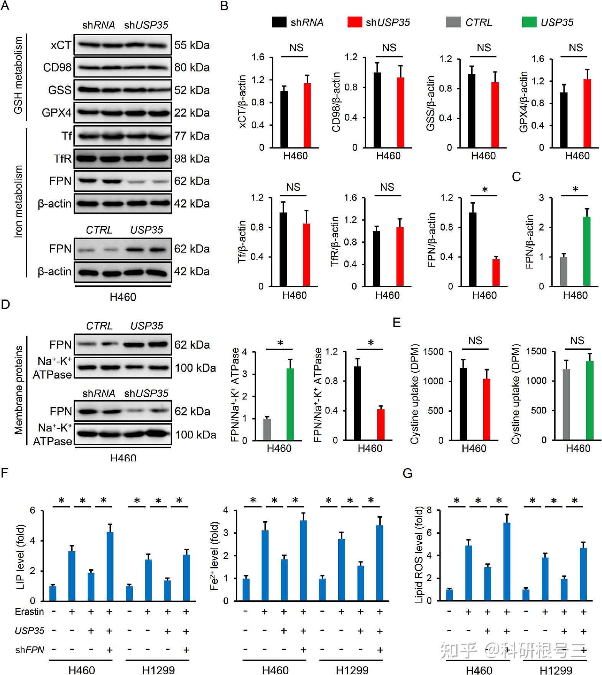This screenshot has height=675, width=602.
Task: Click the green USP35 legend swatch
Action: tap(529, 22)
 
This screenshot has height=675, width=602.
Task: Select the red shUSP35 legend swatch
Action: tap(354, 22)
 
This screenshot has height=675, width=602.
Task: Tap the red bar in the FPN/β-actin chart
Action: tap(496, 273)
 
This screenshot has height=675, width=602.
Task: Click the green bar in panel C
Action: tap(587, 251)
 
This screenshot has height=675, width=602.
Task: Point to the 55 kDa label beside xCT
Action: tap(192, 45)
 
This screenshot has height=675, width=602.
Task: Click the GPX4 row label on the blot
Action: tap(56, 113)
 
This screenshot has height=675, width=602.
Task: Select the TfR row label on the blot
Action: tap(62, 158)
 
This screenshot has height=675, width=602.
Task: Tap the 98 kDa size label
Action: tap(192, 158)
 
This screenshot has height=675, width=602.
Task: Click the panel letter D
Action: tap(5, 305)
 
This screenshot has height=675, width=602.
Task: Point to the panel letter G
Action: tap(407, 474)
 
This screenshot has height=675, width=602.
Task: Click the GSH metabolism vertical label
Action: tap(18, 75)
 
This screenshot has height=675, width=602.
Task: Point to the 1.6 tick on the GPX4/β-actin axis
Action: tap(538, 59)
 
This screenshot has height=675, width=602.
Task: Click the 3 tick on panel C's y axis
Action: tap(541, 198)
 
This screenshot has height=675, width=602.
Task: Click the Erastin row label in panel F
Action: tap(30, 612)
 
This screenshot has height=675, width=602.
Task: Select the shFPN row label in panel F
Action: tap(30, 650)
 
